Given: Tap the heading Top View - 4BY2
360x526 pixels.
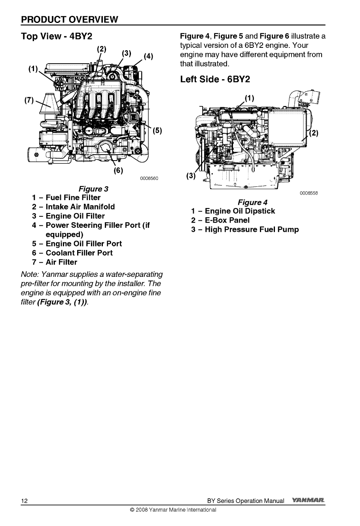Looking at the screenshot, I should [57, 37].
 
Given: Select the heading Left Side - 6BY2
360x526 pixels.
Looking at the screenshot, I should [215, 79].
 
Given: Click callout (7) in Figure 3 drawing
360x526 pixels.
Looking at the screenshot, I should [30, 98].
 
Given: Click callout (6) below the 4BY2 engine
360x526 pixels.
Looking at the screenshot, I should [118, 171].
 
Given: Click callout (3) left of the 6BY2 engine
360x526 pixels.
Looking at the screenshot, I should [191, 176].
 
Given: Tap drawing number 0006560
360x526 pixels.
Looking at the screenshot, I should [149, 179].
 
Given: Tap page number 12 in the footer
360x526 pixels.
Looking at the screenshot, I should [25, 501].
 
